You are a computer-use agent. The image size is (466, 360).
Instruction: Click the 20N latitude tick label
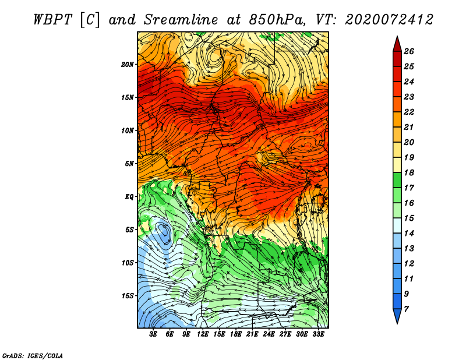pos(127,65)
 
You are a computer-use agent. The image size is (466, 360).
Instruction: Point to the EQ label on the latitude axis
pos(129,196)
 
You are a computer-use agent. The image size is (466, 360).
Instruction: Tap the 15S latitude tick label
pos(127,296)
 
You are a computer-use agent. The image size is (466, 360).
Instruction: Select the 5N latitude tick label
pos(129,164)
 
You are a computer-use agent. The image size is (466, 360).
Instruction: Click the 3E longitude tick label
pos(153,334)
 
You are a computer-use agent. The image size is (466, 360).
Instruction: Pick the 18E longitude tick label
pos(236,334)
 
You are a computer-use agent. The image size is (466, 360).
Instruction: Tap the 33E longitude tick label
pos(318,334)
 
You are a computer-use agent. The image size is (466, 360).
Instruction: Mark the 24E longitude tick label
pos(269,334)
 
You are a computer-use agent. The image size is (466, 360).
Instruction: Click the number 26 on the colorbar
pos(409,51)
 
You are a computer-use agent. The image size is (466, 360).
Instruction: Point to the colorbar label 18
pos(409,172)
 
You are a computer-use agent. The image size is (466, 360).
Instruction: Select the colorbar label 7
pos(406,309)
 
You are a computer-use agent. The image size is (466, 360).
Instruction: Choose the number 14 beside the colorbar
pos(409,234)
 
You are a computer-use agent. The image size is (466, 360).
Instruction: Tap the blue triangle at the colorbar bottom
pos(397,315)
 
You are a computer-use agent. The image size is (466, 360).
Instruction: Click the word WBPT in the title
pos(53,20)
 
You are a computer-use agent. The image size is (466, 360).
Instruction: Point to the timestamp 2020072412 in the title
pos(389,20)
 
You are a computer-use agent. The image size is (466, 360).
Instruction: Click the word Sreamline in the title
pos(181,20)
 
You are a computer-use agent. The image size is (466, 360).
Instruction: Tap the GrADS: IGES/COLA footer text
pos(33,355)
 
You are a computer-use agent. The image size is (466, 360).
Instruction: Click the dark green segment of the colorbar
pos(397,180)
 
